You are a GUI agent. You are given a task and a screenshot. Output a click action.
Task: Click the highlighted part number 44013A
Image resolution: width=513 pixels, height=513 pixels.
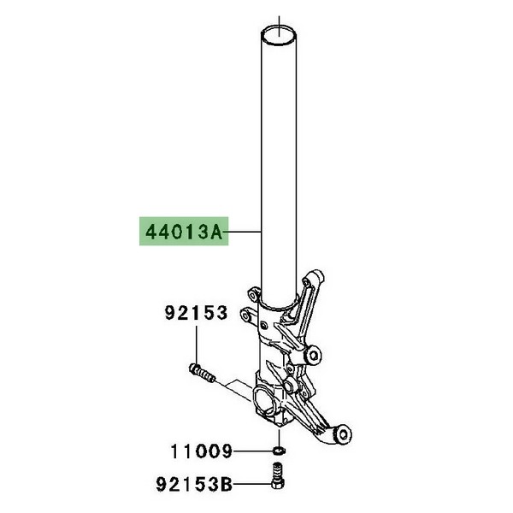(184, 233)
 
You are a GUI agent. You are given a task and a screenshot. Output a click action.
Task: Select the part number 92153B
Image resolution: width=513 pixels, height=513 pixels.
(194, 484)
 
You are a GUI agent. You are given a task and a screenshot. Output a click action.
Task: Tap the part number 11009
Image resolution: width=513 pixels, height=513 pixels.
(202, 451)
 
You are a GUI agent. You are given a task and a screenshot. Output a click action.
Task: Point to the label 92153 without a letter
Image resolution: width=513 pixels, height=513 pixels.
(196, 313)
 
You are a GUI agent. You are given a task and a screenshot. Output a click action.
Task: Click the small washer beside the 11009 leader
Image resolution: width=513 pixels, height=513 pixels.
(279, 451)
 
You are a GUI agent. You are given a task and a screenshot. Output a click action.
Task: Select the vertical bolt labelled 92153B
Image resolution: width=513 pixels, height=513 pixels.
(277, 475)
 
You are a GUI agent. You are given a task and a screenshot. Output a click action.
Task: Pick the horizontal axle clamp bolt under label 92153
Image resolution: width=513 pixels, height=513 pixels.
(202, 373)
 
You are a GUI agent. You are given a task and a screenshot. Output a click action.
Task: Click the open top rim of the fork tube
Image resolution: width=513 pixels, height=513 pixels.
(279, 35)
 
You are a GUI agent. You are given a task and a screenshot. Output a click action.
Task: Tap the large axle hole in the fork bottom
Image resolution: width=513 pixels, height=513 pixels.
(265, 402)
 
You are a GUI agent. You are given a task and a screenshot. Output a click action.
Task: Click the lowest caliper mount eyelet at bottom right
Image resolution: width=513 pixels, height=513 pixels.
(341, 435)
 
